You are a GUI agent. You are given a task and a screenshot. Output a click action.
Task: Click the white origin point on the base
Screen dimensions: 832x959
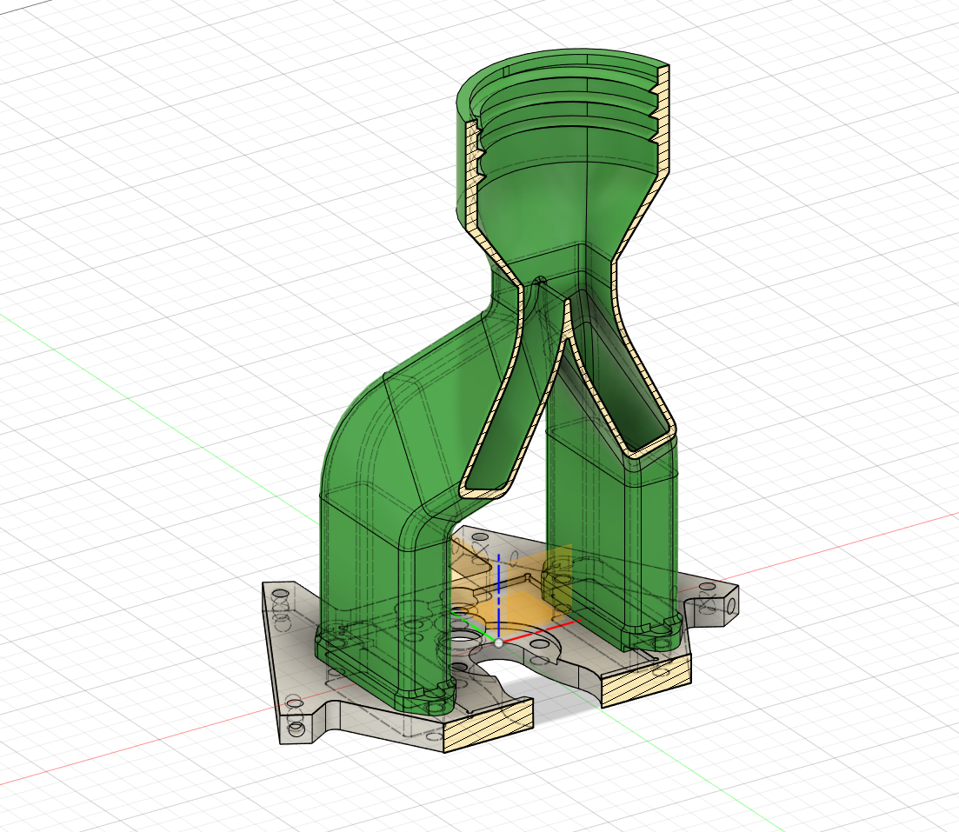point(498,643)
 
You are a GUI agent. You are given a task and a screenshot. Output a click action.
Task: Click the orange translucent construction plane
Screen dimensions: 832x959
point(522,609)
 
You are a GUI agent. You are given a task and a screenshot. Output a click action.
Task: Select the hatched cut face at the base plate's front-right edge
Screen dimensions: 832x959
point(646,683)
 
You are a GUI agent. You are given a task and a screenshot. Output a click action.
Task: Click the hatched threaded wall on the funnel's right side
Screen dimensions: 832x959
point(663,122)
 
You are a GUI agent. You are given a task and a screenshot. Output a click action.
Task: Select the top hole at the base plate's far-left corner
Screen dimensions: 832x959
point(281,594)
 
